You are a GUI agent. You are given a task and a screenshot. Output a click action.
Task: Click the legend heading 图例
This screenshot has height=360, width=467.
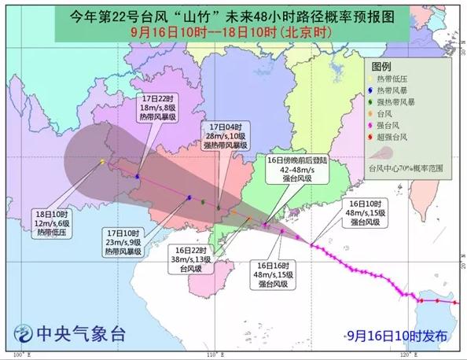tap(381, 68)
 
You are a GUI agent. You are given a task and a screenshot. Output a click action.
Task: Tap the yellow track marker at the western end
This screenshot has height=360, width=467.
tap(102, 162)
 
